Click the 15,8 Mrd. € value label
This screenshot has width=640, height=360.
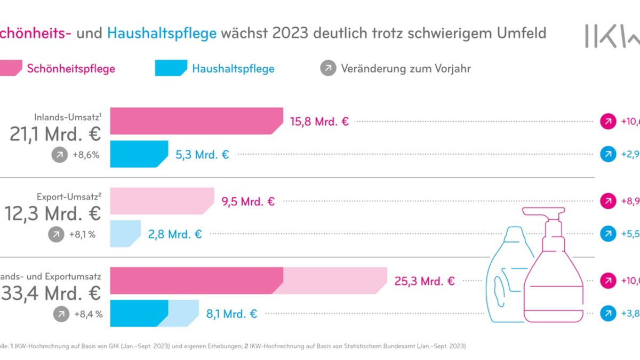coord(318,122)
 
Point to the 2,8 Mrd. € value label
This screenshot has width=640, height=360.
coord(175,234)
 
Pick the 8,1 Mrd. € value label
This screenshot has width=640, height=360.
coord(231,314)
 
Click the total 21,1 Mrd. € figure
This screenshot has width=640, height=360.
coord(55,134)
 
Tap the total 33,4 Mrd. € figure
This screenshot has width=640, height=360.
coord(52,293)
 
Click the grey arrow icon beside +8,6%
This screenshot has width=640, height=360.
coord(60,155)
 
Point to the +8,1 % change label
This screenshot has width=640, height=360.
coord(82,234)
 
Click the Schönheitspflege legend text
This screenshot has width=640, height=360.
coord(71,68)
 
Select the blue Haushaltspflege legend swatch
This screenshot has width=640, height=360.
coord(171,68)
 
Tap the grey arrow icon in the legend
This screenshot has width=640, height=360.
coord(328,68)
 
